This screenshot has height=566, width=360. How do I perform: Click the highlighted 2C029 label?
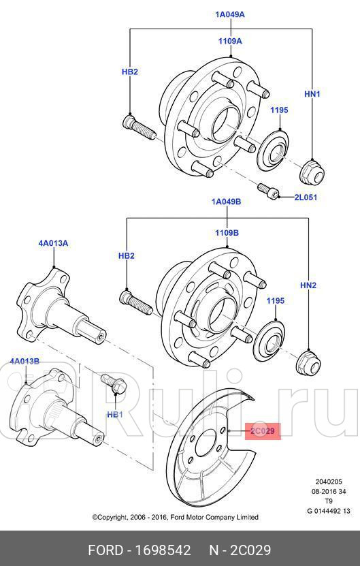tap(262, 431)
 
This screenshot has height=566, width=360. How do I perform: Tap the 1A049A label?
tap(230, 14)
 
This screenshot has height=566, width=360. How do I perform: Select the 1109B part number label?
tap(227, 233)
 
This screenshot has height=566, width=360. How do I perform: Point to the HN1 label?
tap(311, 94)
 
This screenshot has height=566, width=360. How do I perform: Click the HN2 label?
tap(308, 286)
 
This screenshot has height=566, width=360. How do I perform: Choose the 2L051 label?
tap(306, 198)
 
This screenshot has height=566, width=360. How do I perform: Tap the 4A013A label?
tap(53, 243)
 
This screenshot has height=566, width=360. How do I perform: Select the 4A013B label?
tap(24, 361)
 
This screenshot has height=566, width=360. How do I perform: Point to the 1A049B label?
tap(227, 202)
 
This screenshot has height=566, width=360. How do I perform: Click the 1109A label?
tap(230, 41)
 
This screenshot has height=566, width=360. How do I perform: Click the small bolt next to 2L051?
tap(267, 189)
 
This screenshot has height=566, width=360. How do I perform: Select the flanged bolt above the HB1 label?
tap(113, 384)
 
